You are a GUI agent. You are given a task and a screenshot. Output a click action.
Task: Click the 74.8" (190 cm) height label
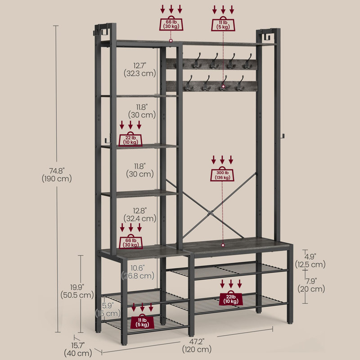coord(57,175)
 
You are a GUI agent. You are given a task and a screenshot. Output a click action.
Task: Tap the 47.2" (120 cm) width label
coord(197,346)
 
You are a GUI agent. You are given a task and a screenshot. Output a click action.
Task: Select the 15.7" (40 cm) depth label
coord(78,349)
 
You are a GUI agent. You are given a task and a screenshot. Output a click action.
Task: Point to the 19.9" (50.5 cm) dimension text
coord(77,291)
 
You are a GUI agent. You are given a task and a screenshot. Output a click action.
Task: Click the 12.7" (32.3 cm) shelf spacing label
coord(140,70)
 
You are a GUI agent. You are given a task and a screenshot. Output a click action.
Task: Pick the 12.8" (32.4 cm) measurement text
coord(140,215)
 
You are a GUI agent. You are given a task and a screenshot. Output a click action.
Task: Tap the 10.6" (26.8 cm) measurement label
coord(138,272)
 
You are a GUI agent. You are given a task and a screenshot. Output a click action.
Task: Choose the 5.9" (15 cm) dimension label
coord(108,310)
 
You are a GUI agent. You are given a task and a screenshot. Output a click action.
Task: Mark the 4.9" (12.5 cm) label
coord(310,261)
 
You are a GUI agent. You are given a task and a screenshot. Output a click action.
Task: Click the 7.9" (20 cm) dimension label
coord(311,285)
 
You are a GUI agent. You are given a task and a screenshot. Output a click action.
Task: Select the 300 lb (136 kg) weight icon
coord(222,174)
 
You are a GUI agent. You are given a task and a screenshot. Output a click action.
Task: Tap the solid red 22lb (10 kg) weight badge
coord(231,298)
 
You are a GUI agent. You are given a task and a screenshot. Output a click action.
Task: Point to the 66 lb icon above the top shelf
coord(171,23)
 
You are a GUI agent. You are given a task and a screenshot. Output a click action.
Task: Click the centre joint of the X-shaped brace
coord(210,213)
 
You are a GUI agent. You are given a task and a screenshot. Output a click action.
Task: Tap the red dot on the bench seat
coord(223,245)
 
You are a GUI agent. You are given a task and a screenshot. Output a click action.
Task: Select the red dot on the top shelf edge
coord(171,40)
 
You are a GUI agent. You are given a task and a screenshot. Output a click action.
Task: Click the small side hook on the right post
coord(283,136)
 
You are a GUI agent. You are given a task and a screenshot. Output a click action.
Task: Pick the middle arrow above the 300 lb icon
coord(222,160)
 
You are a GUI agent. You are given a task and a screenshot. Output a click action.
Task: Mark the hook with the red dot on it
coord(224,83)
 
